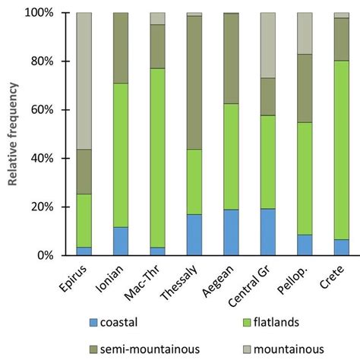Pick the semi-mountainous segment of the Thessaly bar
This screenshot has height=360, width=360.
(194, 83)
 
